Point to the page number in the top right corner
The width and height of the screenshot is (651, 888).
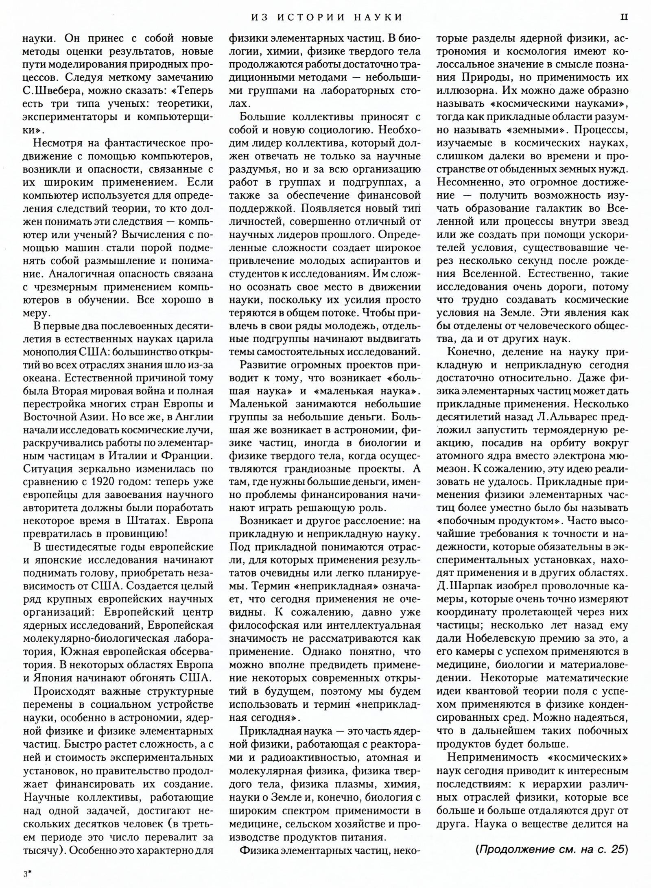pos(625,17)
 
